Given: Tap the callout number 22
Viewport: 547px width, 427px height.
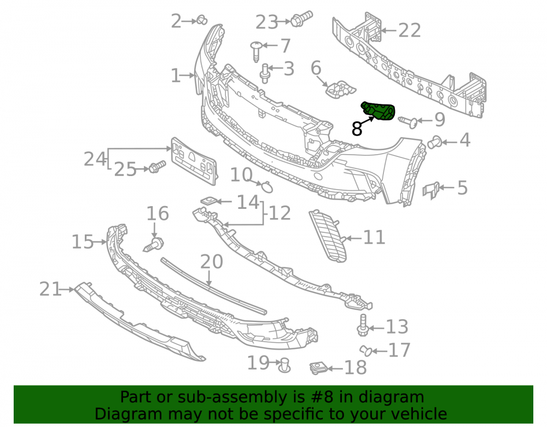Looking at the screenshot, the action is (410, 30).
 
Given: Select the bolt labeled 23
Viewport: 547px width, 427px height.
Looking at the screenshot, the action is (302, 19).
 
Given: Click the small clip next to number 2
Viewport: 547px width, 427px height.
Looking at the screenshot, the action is (202, 20).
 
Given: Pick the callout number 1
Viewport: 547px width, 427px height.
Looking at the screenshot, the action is (176, 75).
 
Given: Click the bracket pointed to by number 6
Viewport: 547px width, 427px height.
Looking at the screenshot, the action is (340, 89).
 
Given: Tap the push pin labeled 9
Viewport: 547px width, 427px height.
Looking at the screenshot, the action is (408, 122).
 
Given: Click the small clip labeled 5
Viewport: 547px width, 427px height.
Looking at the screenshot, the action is (431, 190).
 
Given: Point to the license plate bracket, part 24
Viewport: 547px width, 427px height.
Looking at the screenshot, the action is (194, 161).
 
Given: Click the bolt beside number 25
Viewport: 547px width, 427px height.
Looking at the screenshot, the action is (157, 167).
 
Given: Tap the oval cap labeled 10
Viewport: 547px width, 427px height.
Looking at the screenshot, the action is (267, 187).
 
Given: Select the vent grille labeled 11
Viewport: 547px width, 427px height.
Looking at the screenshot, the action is (328, 236).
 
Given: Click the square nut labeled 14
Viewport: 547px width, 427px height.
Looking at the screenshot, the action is (209, 201).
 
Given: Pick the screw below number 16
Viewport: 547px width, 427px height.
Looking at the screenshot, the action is (154, 244).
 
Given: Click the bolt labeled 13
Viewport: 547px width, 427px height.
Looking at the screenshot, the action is (363, 325).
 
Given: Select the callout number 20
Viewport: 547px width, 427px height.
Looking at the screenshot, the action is (211, 262).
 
